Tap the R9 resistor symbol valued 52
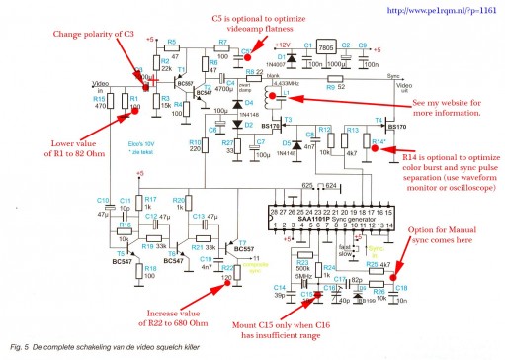click(x=288, y=87)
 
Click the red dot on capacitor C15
click(x=320, y=294)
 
